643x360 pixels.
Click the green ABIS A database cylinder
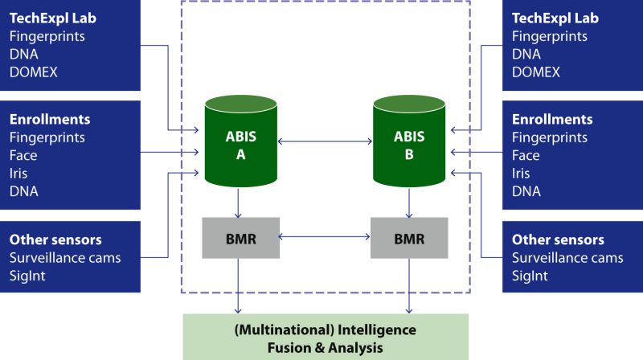(x=238, y=145)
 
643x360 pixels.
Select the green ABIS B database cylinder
(x=409, y=145)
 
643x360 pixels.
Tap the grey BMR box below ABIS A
(x=240, y=238)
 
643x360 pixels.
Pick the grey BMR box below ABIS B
(x=409, y=238)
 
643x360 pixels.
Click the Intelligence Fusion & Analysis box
(x=325, y=338)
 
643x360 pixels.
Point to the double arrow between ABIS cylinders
(x=323, y=141)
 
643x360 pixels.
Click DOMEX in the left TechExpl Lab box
(x=34, y=72)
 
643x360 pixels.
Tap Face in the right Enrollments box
(x=526, y=155)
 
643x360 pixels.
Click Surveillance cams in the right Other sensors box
(x=567, y=258)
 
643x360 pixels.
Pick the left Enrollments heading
(x=50, y=120)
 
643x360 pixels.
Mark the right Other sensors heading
(x=558, y=240)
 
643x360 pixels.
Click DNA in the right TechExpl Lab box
(x=526, y=55)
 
